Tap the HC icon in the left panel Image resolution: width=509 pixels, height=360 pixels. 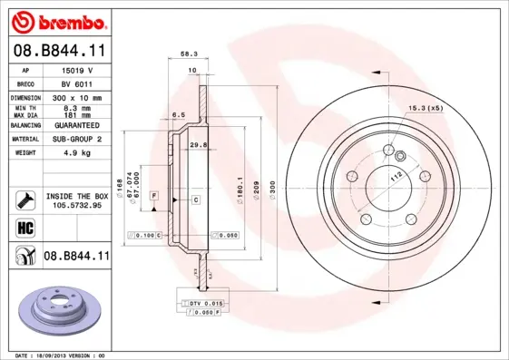pyautogui.click(x=24, y=227)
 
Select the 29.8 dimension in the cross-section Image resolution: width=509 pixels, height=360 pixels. pyautogui.click(x=198, y=143)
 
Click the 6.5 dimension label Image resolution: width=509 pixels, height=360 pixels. pyautogui.click(x=180, y=115)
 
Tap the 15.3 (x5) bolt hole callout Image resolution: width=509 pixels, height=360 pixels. pyautogui.click(x=426, y=109)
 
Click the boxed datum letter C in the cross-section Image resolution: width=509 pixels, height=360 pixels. pyautogui.click(x=195, y=198)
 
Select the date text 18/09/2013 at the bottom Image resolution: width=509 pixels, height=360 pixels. pyautogui.click(x=56, y=355)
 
